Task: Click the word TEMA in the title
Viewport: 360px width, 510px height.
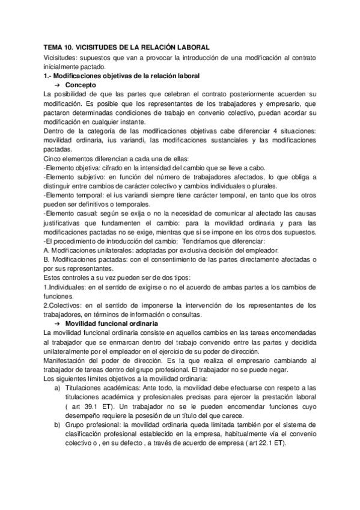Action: coord(53,47)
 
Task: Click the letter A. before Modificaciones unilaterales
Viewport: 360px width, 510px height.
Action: coord(47,250)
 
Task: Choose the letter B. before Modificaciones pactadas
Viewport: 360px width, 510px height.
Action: coord(47,259)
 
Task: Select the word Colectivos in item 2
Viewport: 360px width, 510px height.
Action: coord(66,305)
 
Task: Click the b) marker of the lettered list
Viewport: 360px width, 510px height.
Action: coord(56,425)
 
